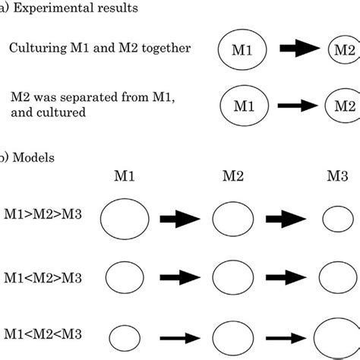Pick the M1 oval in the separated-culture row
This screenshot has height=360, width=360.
(x=242, y=107)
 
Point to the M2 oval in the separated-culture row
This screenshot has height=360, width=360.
(x=343, y=106)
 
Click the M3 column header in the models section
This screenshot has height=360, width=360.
(x=338, y=177)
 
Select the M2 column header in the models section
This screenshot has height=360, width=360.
(x=233, y=177)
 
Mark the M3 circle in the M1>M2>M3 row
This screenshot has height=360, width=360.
(x=338, y=220)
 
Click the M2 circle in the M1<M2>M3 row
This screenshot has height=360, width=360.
(x=232, y=277)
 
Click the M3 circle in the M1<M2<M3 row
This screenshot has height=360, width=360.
(x=339, y=336)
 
